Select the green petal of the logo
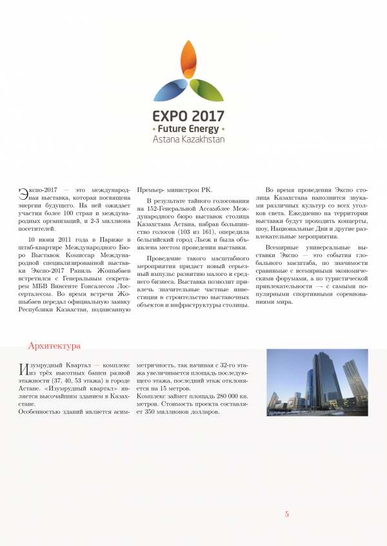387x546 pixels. [206, 90]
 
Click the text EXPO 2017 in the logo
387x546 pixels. [188, 116]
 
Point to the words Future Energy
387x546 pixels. [188, 128]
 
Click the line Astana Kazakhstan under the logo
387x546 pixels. [188, 139]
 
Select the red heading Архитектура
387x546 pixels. [54, 346]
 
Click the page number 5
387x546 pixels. [287, 514]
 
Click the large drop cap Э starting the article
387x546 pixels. [23, 193]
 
